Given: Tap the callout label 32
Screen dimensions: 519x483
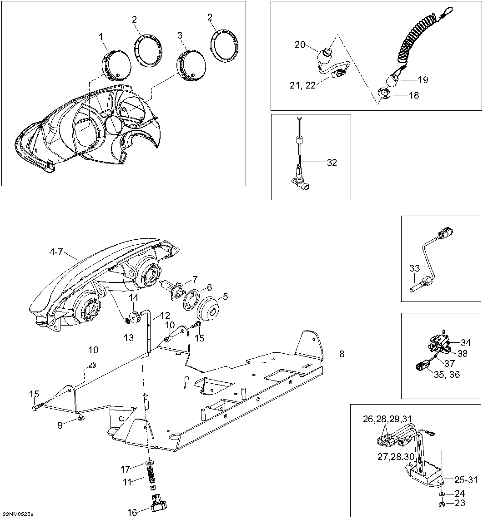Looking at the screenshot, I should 332,163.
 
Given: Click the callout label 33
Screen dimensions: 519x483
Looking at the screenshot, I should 414,268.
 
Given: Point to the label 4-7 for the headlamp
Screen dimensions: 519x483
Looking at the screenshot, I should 56,252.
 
